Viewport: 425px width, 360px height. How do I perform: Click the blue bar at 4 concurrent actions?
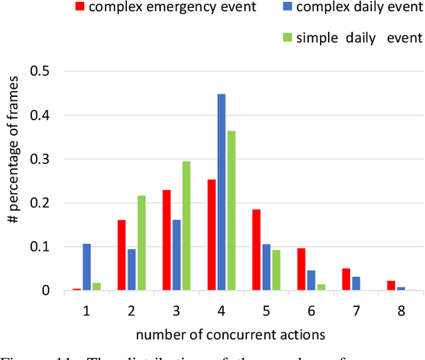(221, 193)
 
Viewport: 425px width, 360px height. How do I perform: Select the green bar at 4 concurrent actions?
(230, 211)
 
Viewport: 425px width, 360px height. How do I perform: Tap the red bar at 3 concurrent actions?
(166, 240)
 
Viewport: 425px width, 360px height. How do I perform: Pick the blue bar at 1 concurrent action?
(86, 267)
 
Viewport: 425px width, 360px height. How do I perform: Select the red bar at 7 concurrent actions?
(346, 280)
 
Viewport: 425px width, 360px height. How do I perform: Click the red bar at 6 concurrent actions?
(301, 270)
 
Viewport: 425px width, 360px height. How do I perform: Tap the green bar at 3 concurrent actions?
(186, 226)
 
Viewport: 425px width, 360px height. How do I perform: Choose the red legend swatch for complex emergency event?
(81, 7)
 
